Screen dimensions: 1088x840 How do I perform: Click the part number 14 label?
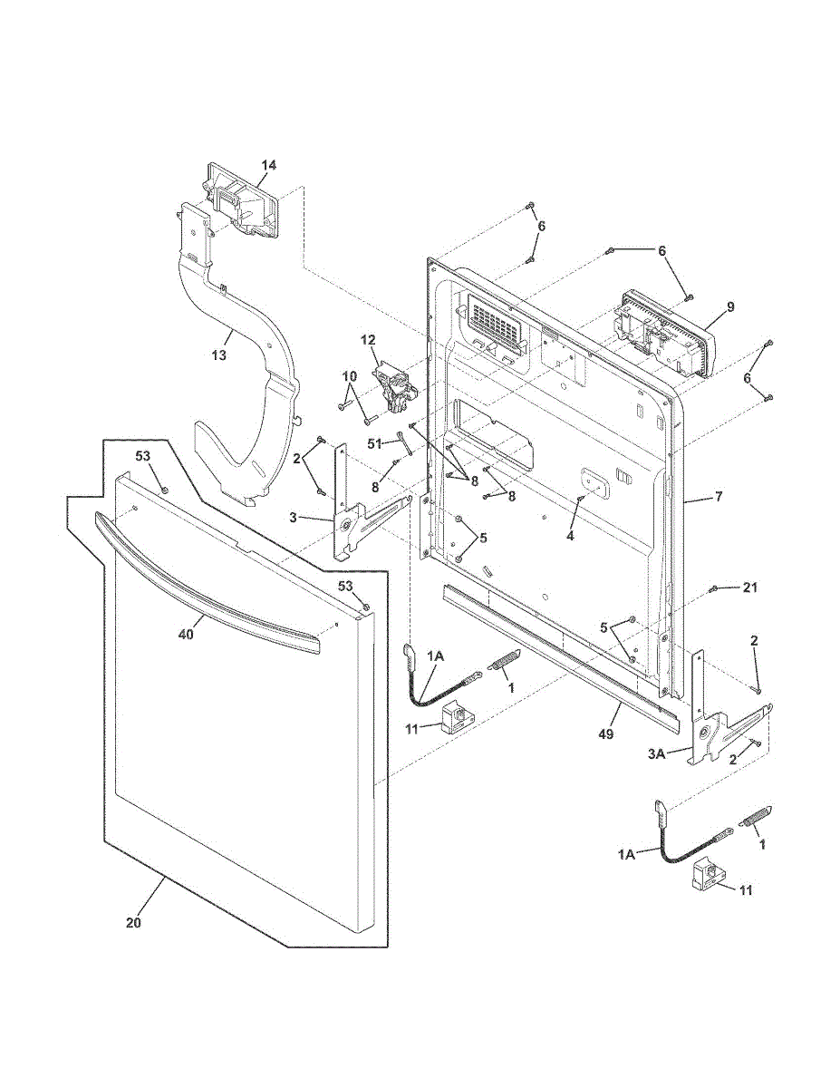point(269,165)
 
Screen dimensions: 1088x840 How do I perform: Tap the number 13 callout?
point(219,355)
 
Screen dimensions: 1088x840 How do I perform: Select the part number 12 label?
point(368,340)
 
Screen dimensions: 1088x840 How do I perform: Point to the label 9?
point(730,307)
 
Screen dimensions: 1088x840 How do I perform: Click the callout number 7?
point(719,496)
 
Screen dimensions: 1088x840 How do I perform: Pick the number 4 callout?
point(570,536)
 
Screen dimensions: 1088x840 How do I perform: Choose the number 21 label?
point(748,588)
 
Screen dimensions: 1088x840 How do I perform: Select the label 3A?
point(655,752)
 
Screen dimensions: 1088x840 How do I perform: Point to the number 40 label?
point(186,635)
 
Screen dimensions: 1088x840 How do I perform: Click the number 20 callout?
point(133,923)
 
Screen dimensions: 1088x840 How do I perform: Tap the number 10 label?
point(350,375)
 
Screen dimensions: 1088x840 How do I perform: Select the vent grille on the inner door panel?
point(495,323)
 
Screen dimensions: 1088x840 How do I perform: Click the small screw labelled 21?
point(714,588)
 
